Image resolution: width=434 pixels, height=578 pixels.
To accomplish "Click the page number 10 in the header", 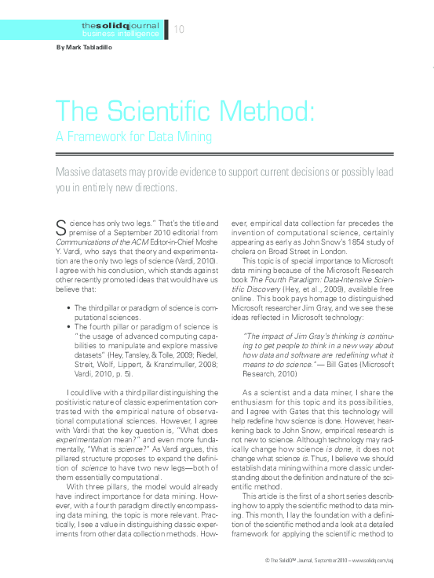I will [179, 29].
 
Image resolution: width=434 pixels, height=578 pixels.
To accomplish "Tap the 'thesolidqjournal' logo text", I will [120, 26].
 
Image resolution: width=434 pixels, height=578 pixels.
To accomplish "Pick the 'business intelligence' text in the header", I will [120, 35].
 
